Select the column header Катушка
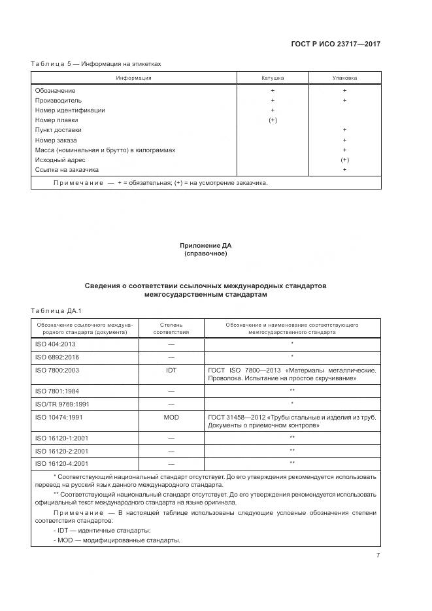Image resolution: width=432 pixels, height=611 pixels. coord(273,78)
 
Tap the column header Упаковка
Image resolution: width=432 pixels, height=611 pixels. coord(344,78)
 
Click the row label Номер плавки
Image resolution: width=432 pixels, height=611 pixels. coord(56,120)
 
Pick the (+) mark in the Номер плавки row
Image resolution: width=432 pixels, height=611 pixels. coord(273,120)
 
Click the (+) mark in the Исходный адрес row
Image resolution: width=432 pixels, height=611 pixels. coord(344,160)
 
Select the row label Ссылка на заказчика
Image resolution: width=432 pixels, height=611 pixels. coord(67,170)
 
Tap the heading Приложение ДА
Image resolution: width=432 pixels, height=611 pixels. coord(205,245)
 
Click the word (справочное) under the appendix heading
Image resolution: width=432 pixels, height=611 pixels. coord(205,253)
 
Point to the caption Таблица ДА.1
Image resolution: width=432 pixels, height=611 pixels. coord(55,310)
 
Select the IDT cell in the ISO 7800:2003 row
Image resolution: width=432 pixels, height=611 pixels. coord(171,370)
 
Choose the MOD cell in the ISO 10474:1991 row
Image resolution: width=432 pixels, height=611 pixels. coord(171,417)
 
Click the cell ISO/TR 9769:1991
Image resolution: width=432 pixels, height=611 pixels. coord(61,403)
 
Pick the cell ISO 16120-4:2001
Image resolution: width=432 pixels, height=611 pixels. coord(61,463)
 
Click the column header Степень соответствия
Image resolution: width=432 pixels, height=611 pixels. coord(171,328)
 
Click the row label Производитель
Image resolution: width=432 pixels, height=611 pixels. coord(58,101)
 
